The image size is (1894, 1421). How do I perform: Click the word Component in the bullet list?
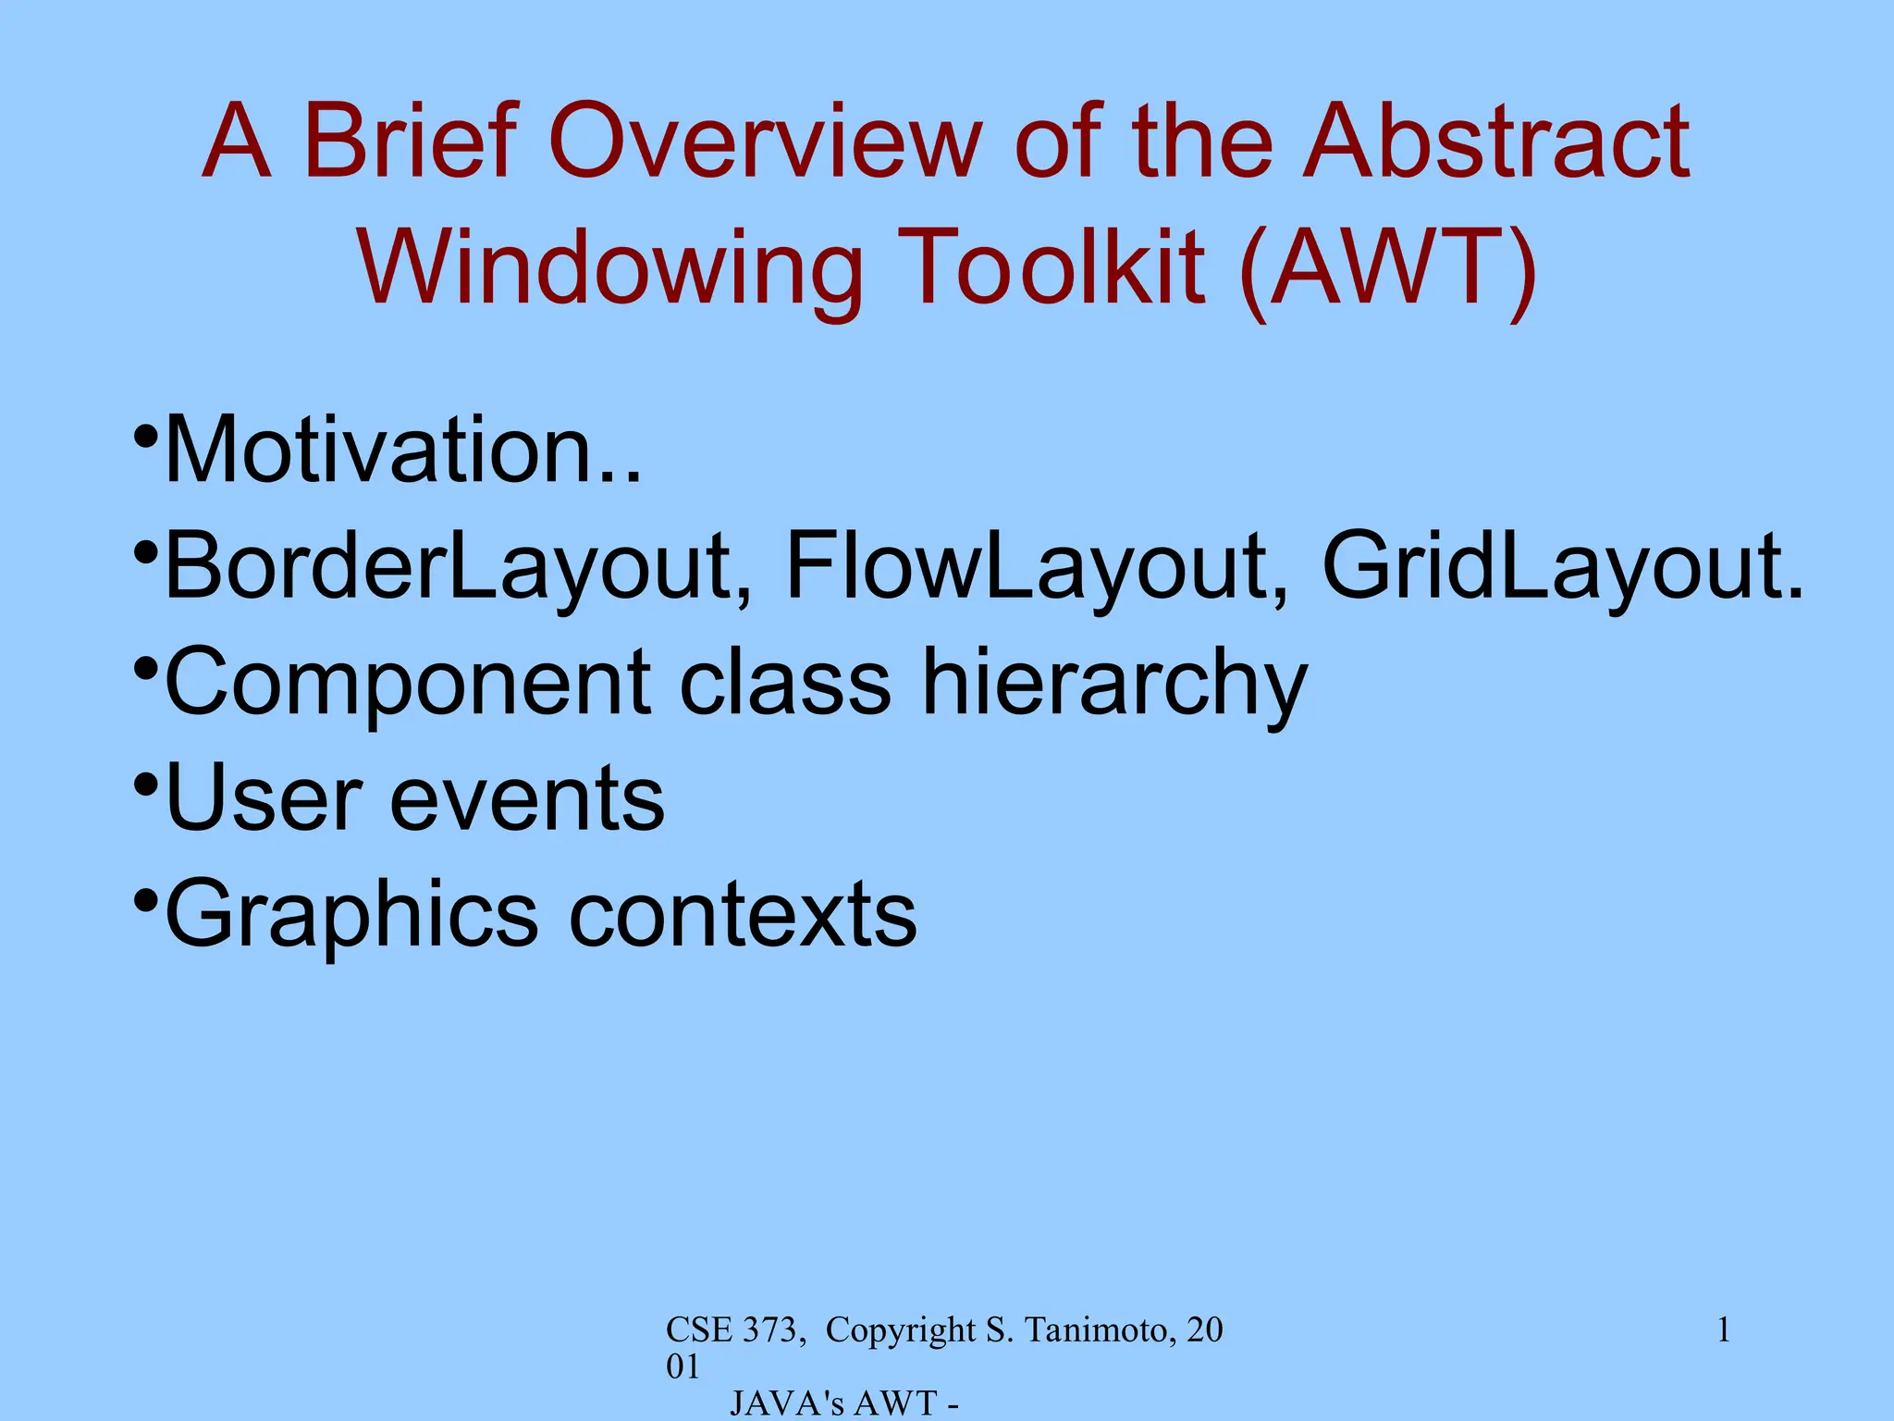[x=407, y=683]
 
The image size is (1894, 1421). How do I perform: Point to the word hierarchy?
[x=1114, y=683]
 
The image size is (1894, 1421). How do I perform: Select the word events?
[x=527, y=797]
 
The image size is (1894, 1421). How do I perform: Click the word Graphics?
[x=351, y=914]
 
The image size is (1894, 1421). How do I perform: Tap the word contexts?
[x=743, y=914]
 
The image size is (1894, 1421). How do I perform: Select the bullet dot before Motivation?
[x=145, y=436]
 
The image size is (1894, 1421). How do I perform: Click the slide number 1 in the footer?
[x=1723, y=1330]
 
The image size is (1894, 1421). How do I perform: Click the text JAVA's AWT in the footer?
[x=833, y=1403]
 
